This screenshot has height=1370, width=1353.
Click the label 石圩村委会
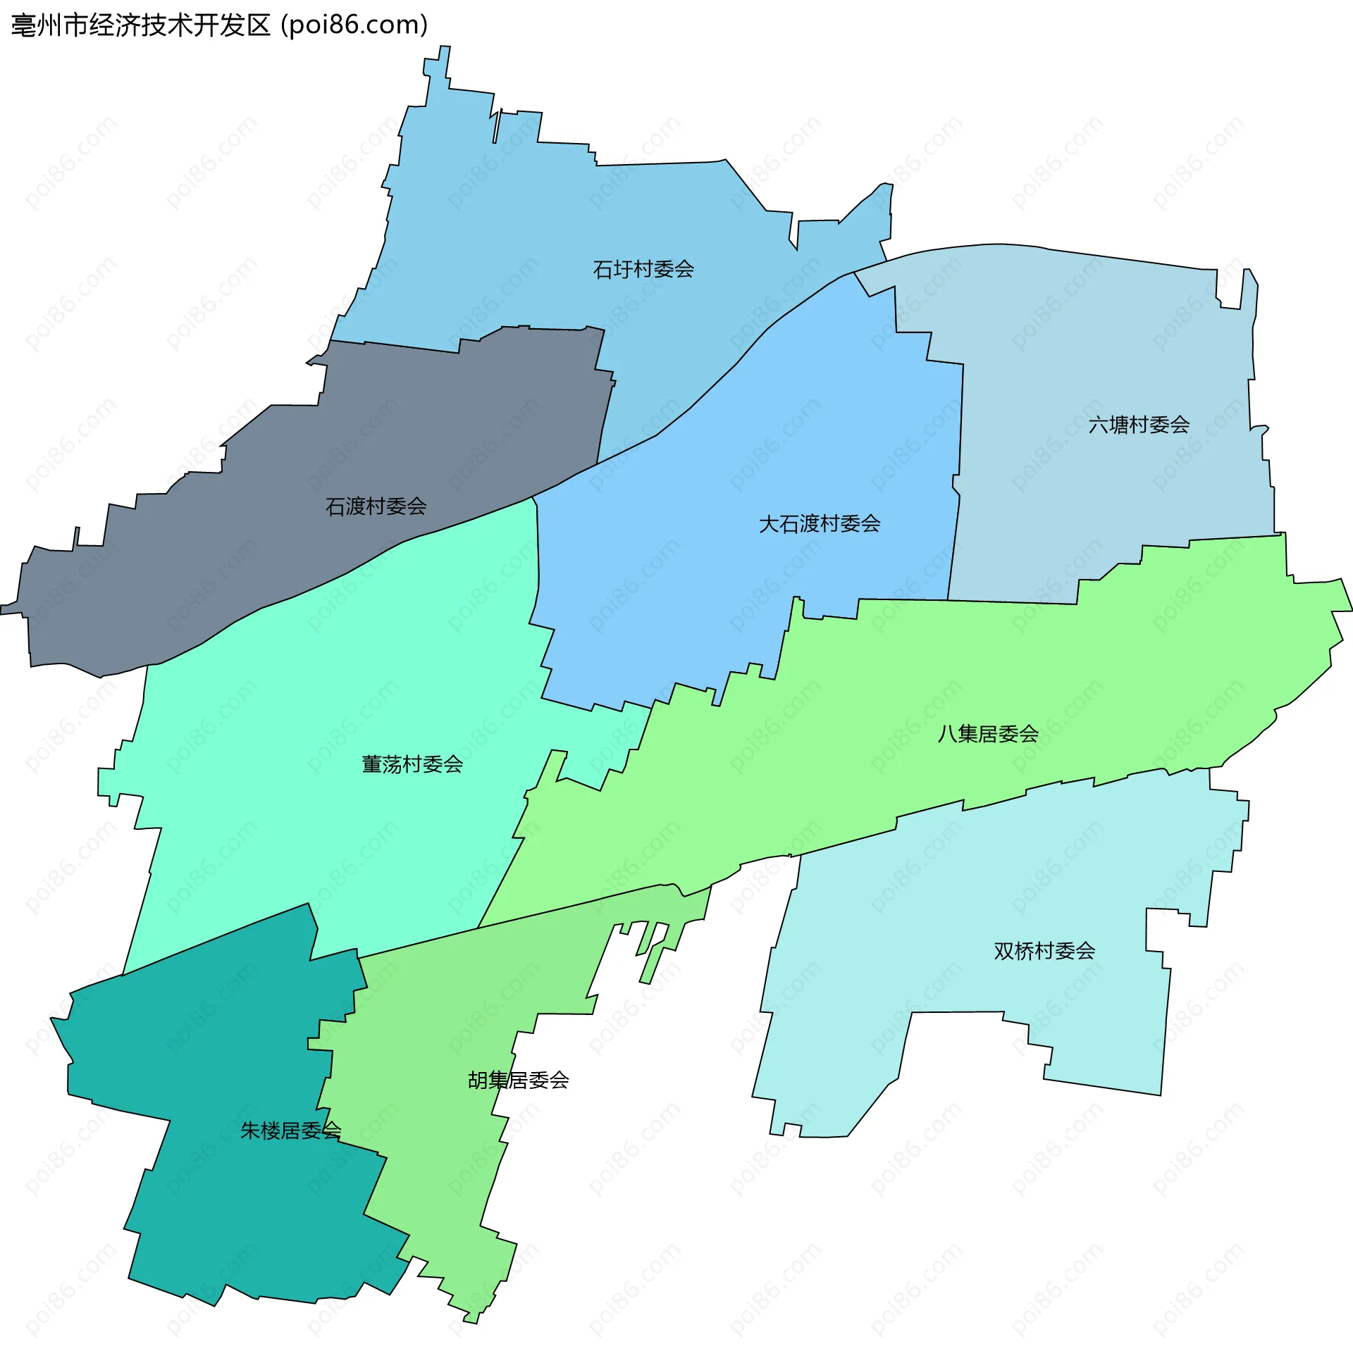tap(643, 270)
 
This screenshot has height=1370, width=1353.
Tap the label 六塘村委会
tap(1138, 425)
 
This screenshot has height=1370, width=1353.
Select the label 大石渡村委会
tap(820, 524)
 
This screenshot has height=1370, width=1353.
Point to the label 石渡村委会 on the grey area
tap(376, 506)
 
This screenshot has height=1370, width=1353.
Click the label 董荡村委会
tap(412, 764)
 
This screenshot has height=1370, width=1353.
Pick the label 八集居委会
tap(987, 734)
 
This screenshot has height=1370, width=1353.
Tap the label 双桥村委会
tap(1044, 951)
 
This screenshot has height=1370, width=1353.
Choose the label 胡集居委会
tap(518, 1080)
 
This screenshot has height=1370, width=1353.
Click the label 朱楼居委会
tap(290, 1131)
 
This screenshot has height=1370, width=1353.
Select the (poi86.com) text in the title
tap(354, 25)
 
